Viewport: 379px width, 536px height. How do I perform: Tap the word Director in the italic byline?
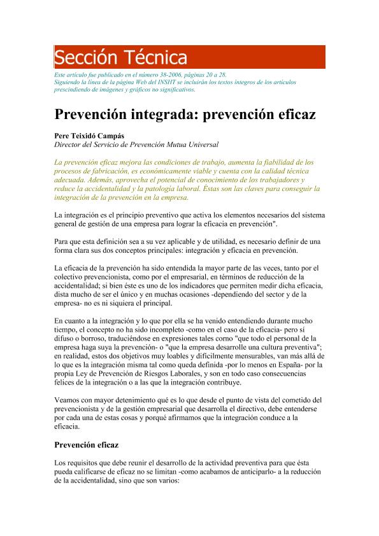point(71,145)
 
